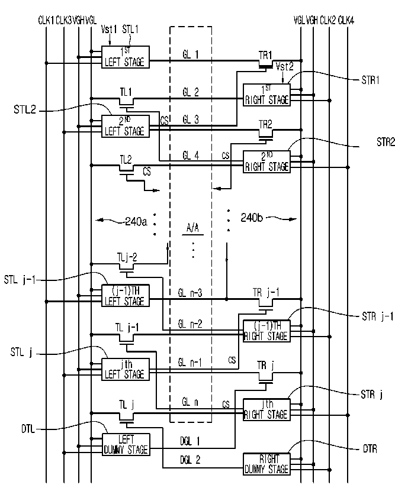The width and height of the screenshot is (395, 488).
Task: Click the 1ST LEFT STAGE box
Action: point(125,57)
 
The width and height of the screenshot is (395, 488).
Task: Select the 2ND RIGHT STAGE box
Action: point(266,161)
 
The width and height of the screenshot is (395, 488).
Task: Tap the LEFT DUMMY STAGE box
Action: point(126,444)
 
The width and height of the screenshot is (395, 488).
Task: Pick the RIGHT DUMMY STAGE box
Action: point(266,464)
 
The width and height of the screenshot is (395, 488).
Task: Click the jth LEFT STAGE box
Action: point(125,370)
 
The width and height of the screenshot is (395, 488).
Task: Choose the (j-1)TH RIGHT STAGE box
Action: point(266,331)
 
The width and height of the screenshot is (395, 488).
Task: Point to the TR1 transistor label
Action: point(265,56)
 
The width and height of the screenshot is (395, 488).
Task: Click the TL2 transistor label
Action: point(126,160)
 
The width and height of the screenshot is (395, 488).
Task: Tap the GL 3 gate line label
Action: point(191,119)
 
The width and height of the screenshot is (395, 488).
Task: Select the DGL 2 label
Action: point(190,460)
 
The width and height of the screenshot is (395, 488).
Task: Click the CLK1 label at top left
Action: point(46,21)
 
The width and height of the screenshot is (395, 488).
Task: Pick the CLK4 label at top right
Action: point(346,21)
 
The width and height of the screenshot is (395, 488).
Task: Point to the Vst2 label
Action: point(285,66)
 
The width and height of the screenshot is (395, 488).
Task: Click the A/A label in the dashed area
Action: point(192,228)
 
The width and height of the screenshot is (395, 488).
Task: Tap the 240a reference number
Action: point(136,221)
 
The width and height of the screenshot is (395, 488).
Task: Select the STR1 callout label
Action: point(370,80)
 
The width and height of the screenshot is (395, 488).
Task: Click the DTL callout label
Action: point(28,429)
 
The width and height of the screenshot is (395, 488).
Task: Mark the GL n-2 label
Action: point(190,324)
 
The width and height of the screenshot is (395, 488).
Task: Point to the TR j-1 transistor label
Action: point(266,292)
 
